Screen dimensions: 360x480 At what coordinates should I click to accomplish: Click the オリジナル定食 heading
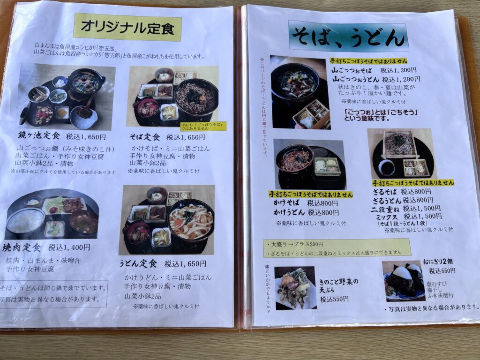(127, 27)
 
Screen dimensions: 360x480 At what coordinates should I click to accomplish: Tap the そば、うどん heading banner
(348, 36)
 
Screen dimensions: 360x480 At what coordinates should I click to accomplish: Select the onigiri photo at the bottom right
(403, 281)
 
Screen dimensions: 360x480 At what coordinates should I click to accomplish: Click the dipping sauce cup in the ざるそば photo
(387, 166)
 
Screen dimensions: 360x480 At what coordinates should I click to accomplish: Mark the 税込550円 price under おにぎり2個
(442, 271)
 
